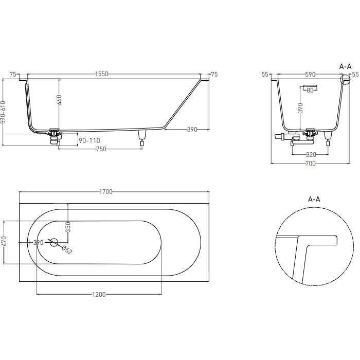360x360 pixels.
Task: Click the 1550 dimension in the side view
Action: (101, 74)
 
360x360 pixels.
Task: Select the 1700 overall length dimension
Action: (106, 192)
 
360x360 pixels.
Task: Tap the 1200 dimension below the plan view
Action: (99, 294)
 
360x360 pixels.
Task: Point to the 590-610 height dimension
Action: (4, 112)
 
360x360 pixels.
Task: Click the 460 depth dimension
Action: (59, 100)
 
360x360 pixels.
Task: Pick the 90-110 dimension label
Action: (89, 140)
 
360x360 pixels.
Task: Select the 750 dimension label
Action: (101, 149)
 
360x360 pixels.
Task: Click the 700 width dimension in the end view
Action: (311, 164)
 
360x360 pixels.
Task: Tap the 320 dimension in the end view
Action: (311, 154)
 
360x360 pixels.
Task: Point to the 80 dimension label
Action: (310, 91)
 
